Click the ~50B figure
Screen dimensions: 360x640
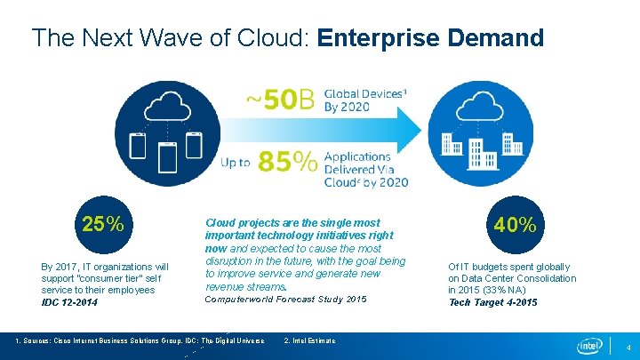coord(280,100)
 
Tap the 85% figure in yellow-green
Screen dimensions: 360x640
coord(287,161)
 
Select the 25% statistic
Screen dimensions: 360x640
coord(103,224)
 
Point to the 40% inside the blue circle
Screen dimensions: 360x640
coord(516,225)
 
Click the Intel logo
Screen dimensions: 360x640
coord(589,345)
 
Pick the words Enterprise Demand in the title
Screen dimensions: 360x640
coord(430,38)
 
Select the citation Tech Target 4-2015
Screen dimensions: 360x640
coord(492,303)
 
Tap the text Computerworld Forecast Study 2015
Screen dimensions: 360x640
coord(285,300)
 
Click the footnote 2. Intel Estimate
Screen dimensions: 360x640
coord(308,341)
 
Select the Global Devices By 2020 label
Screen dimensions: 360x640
coord(356,100)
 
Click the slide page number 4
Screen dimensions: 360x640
coord(628,346)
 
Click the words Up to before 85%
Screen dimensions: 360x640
coord(236,163)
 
